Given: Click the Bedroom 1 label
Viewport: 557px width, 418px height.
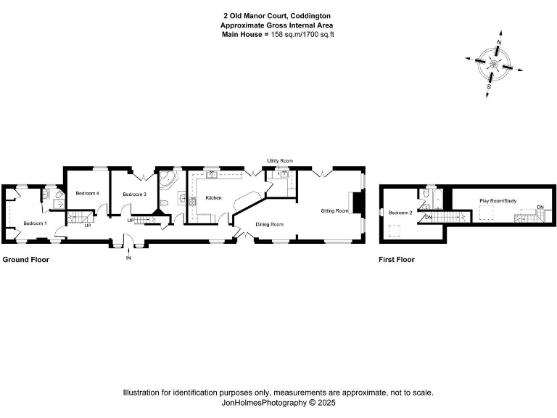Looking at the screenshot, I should pos(35,223).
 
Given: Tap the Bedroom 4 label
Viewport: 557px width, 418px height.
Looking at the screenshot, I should pos(87,193).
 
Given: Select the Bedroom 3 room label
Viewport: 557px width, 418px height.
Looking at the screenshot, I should pos(134,194).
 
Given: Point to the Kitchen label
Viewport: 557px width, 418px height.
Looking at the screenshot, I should pos(213,197).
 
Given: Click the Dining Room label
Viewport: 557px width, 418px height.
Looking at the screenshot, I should pos(269,224).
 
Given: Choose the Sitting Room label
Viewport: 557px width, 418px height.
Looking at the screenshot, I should pos(335,210).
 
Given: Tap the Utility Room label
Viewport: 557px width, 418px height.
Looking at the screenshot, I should pos(279,160).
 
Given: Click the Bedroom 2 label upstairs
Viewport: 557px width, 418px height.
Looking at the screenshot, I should pos(400,213).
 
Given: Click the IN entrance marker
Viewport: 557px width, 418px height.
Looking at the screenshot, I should pos(128,258).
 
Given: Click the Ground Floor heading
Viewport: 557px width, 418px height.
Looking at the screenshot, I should pos(25,259).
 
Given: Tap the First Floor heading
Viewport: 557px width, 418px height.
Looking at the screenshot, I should pos(397,259).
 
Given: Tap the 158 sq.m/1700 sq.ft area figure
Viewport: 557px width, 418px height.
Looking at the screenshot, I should pos(302,34).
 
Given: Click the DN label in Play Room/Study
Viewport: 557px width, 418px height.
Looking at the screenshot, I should pos(540,208).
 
